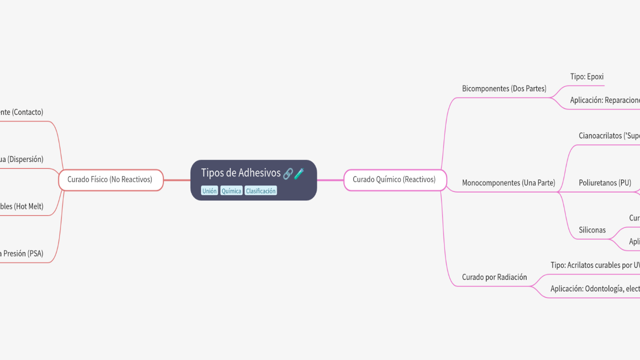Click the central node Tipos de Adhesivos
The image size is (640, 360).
(241, 173)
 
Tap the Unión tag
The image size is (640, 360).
(209, 191)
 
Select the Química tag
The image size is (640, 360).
(231, 191)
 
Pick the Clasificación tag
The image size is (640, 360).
(260, 191)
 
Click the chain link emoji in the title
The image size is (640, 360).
(288, 173)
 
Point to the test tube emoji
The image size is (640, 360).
(299, 173)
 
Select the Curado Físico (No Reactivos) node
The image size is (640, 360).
(110, 179)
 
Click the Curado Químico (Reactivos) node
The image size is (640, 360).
(394, 179)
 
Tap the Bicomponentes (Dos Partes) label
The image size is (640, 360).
(504, 88)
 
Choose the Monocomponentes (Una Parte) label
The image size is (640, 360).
(508, 183)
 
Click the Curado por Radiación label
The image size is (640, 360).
(494, 277)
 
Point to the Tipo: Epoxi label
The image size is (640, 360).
(587, 76)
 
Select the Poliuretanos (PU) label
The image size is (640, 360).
(605, 183)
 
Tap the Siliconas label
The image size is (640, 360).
(592, 230)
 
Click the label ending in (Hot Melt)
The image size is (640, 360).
(22, 206)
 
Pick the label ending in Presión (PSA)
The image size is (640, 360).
(22, 253)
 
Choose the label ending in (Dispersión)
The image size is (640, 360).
(22, 159)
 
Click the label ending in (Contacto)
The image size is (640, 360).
(22, 112)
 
